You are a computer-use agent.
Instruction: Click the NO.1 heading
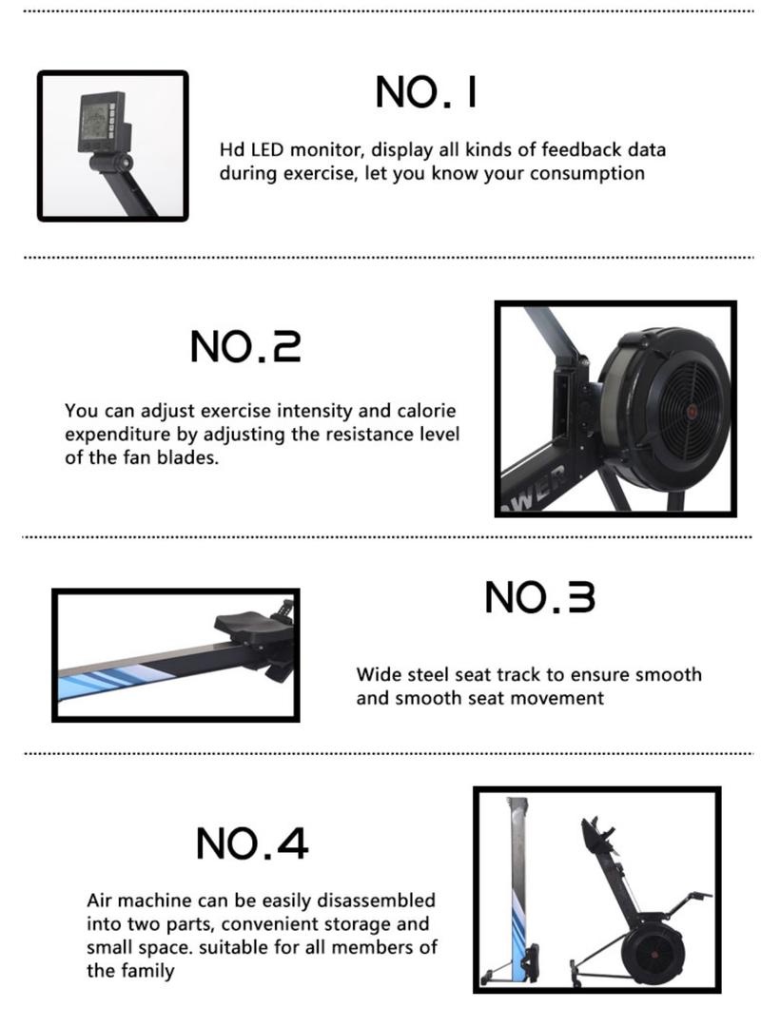coord(425,93)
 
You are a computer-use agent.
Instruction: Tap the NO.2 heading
coord(245,347)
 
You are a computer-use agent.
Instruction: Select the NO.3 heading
coord(539,598)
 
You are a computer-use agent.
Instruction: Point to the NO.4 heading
coord(252,843)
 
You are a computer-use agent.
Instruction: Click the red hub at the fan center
coord(691,412)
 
